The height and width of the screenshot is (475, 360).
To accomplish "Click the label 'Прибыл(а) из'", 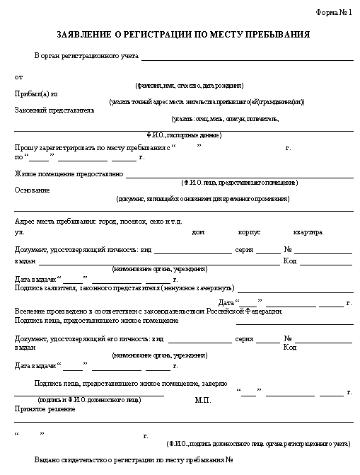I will pos(35,93).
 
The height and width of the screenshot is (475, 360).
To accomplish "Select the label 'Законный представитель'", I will pos(54,110).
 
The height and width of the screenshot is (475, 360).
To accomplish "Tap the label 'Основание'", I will pos(32,190).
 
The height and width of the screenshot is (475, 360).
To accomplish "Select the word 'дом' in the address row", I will pos(198,231).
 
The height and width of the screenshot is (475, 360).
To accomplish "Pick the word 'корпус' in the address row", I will pos(250,231).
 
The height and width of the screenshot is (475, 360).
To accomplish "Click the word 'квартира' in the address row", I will pos(308,231).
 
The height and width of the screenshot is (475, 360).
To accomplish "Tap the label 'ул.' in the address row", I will pos(19,231).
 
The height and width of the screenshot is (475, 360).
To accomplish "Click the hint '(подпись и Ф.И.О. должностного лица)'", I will pos(90,400).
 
